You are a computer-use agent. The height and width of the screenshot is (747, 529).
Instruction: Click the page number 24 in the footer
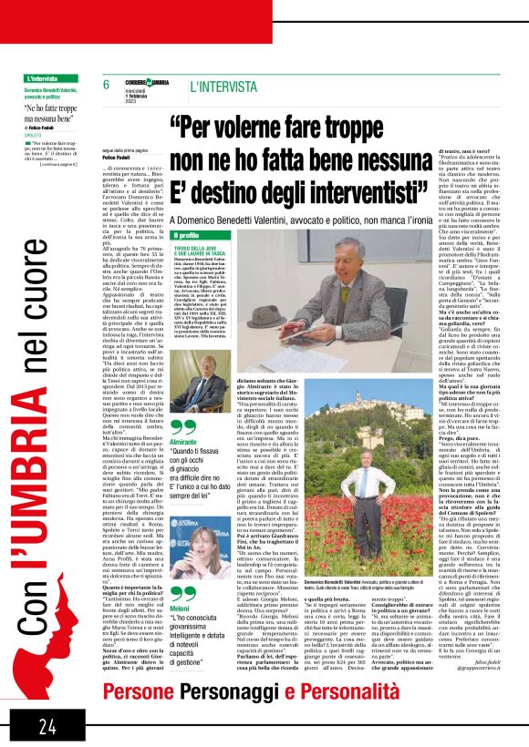pos(47,724)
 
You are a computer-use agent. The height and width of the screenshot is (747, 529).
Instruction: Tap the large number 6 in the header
pos(107,85)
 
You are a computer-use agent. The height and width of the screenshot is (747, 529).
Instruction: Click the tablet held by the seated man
pos(340,290)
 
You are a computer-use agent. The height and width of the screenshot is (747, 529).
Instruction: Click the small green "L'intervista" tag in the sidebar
pos(43,80)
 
